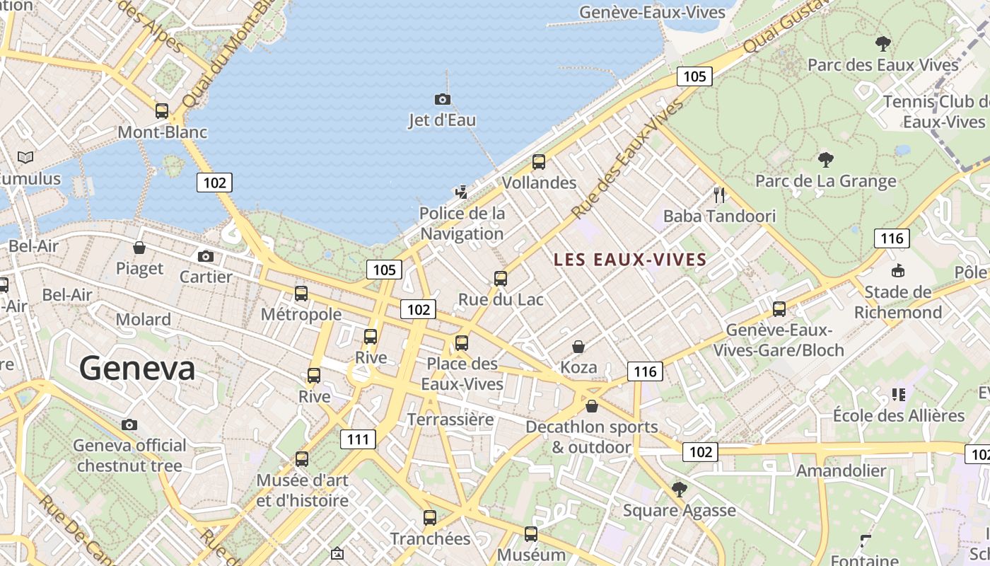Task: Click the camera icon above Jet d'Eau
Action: (x=442, y=99)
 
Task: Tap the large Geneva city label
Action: (x=137, y=369)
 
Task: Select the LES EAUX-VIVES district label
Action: (x=630, y=260)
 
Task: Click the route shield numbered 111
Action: (x=359, y=439)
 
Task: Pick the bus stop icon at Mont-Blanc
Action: (x=162, y=110)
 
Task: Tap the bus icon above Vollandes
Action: (x=539, y=162)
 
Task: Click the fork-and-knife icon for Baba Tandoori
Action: (x=720, y=195)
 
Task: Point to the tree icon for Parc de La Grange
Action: (x=825, y=160)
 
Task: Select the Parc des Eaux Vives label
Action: (x=883, y=65)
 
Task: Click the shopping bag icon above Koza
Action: (x=578, y=347)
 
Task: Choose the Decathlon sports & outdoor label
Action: (x=592, y=437)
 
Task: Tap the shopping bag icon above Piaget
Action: (x=139, y=248)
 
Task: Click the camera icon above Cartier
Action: (x=206, y=256)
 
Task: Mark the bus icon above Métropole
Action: (x=301, y=293)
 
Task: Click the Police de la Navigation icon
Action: (x=462, y=192)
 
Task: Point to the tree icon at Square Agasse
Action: (x=680, y=489)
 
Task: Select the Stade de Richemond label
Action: (x=898, y=302)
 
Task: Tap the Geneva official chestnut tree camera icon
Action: (x=129, y=424)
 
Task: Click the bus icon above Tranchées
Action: (x=430, y=517)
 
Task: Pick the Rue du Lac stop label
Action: (x=501, y=299)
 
